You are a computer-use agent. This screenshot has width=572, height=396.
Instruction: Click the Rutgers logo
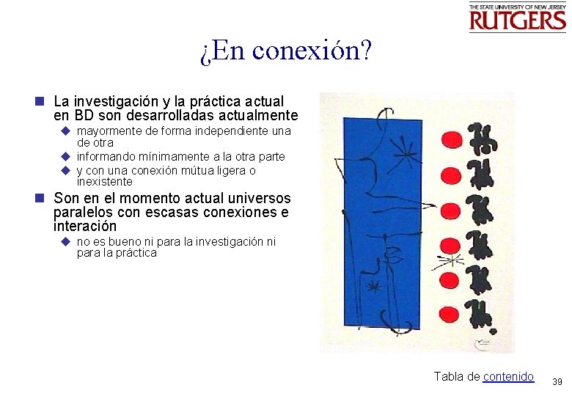517,18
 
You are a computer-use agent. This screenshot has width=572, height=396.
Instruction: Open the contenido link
508,376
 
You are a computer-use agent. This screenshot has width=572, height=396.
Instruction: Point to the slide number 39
557,382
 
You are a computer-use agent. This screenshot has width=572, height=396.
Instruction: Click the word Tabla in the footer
449,376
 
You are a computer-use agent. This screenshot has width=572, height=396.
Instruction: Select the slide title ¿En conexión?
286,51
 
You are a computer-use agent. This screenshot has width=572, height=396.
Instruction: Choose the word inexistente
105,182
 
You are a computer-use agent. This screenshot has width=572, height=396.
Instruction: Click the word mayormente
109,131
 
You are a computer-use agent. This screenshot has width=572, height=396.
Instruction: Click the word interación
85,227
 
